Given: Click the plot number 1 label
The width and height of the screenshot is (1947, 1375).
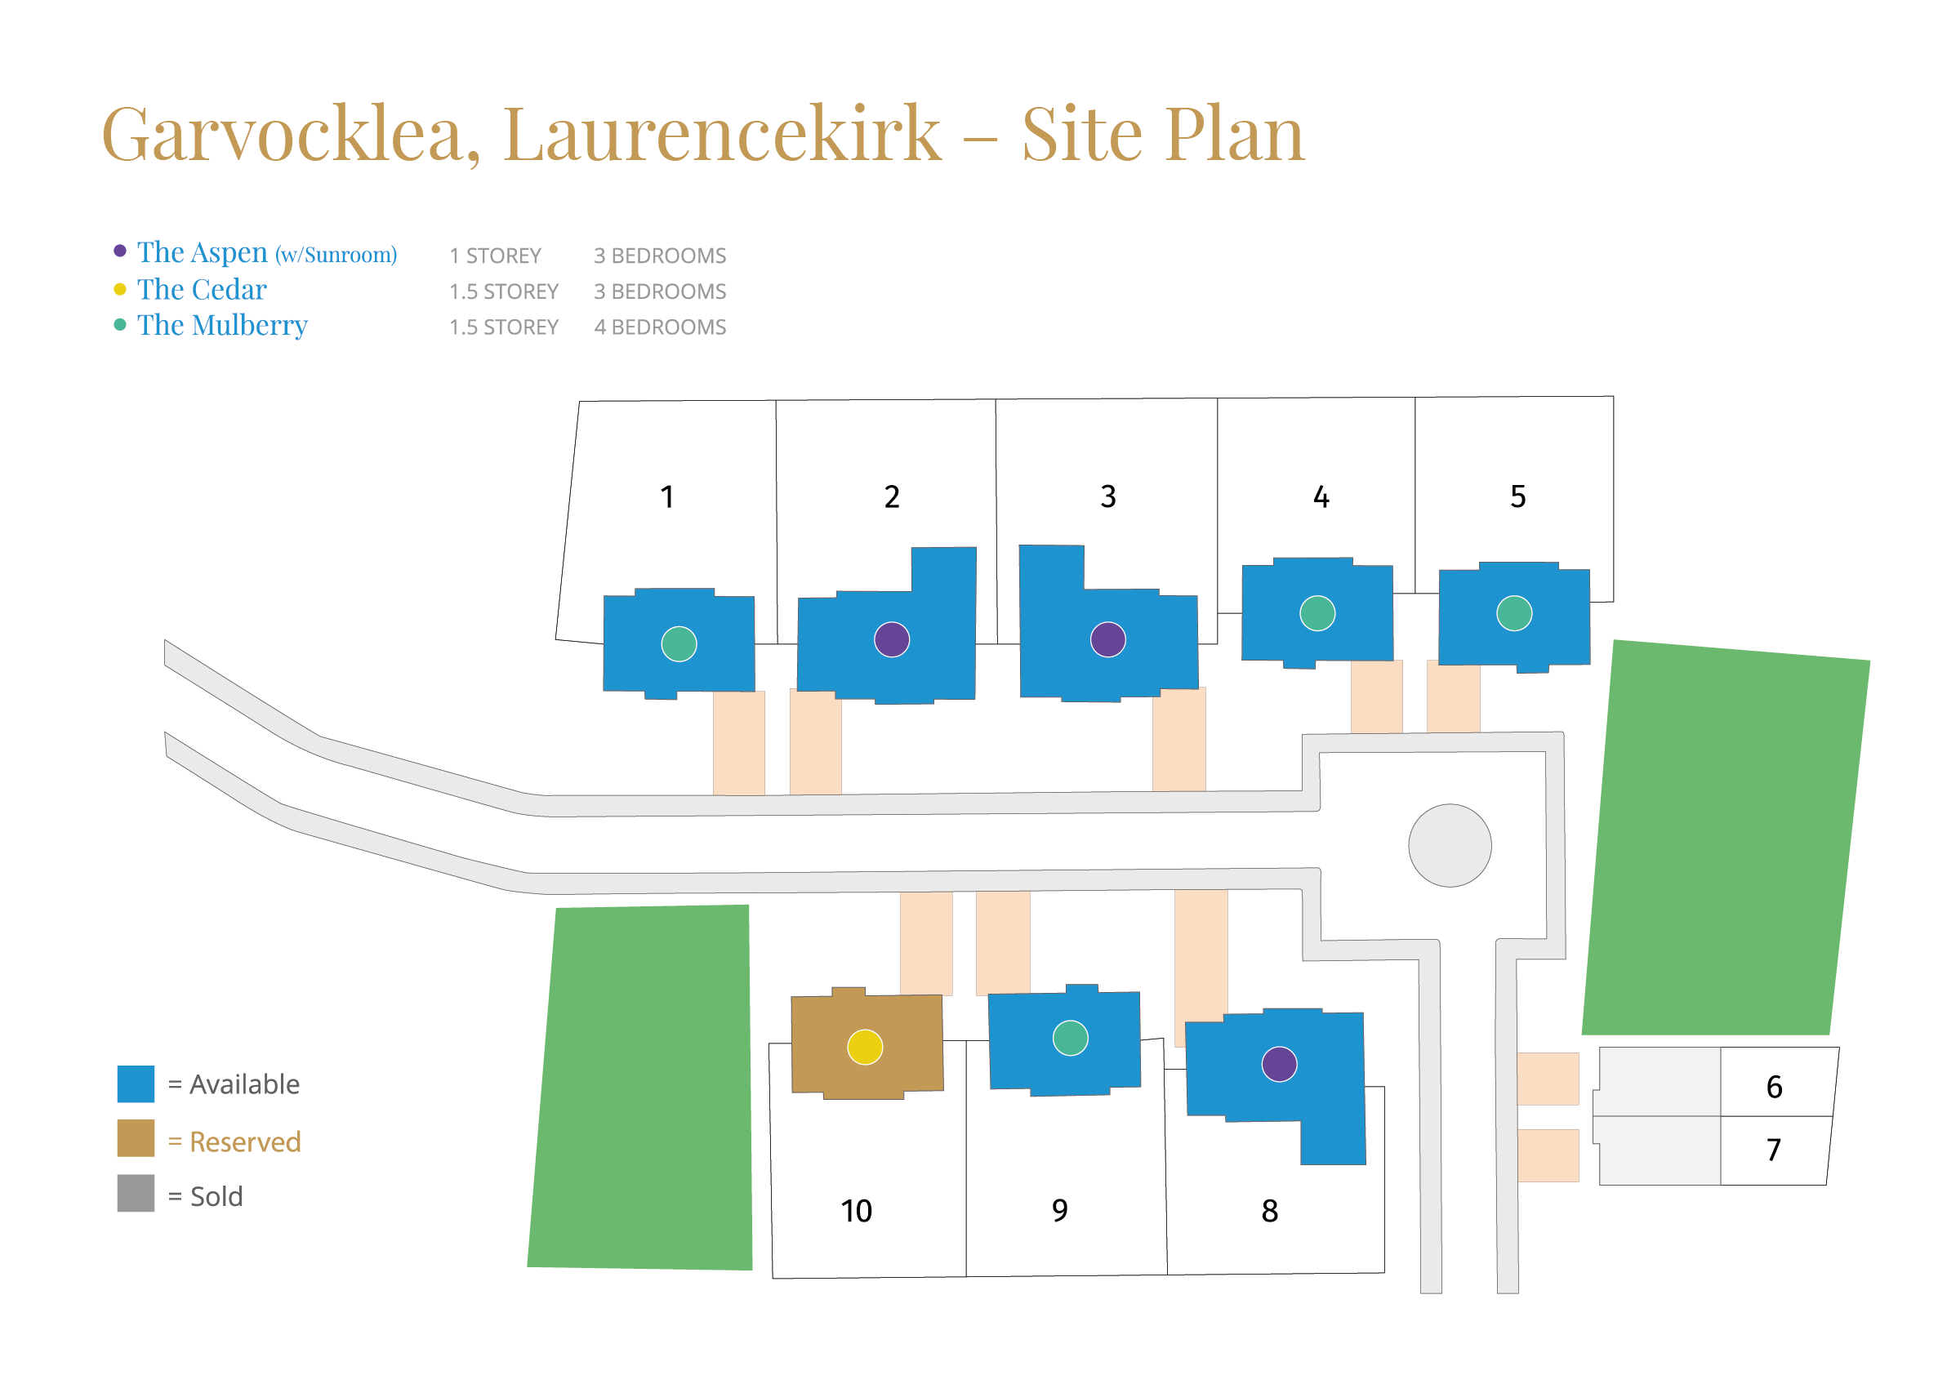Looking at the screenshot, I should [667, 496].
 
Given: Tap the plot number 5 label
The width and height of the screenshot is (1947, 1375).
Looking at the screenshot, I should [1517, 496].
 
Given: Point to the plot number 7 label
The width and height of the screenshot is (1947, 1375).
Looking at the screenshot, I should [1773, 1150].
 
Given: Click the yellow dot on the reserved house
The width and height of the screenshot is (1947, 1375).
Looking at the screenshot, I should [865, 1047].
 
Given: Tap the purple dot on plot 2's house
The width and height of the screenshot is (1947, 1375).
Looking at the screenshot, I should [891, 639].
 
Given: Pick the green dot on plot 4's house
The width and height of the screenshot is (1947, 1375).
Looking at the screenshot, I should [1317, 613].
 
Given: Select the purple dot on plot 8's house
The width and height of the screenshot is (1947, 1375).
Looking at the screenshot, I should [1279, 1064].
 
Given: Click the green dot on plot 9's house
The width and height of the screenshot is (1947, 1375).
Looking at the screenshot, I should [1070, 1038].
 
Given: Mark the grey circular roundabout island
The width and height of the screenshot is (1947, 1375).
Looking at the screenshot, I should [1450, 845].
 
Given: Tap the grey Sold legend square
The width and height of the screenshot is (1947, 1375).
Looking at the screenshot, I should [136, 1193].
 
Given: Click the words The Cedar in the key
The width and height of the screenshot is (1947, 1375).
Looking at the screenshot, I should [202, 290].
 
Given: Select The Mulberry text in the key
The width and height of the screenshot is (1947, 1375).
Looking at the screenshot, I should [222, 326].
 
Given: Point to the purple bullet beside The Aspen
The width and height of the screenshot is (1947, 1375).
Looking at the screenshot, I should [120, 251].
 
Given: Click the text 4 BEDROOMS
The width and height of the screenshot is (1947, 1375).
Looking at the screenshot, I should [660, 327].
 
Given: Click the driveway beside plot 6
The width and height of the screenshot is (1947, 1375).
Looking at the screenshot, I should [1548, 1079].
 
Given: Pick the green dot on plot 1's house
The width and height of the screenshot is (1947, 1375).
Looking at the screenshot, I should [679, 643].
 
